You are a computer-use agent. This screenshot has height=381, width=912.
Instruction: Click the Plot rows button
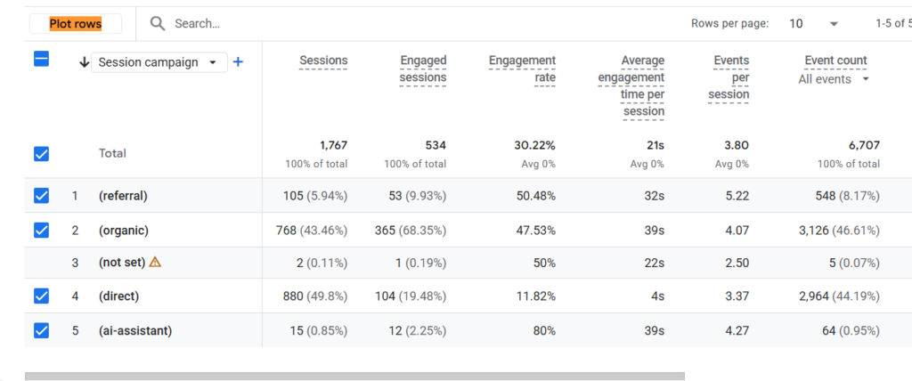coord(76,24)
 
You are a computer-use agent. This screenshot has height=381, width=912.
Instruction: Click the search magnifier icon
coord(158,24)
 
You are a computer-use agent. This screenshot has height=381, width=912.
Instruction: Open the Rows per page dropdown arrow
coord(834,24)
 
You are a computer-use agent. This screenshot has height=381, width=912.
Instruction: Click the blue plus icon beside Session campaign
coord(237,61)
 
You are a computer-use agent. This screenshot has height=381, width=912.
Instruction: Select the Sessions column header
coord(323,61)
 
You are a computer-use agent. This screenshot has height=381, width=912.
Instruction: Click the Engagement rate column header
coord(522,69)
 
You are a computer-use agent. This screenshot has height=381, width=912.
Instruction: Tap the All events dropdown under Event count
coord(834,79)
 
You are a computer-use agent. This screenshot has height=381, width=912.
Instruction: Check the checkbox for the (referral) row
coord(41,196)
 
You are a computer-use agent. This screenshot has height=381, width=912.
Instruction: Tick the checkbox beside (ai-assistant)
coord(41,330)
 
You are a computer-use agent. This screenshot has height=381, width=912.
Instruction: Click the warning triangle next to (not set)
coord(155,262)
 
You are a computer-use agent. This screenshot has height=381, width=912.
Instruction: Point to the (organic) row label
coord(124,231)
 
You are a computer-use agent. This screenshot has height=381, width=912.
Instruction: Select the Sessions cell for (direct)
coord(314,296)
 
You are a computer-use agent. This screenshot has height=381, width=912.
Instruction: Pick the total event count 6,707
coord(864,145)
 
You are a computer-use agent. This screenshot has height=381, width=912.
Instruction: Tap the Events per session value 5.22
coord(736,196)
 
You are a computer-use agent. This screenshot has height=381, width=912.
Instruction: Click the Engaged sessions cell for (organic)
coord(411,231)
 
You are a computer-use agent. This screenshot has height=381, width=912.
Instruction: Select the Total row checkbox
coord(41,154)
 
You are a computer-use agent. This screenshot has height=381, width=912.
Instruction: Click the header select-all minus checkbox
coord(41,59)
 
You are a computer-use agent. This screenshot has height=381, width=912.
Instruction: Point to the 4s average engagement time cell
coord(658,296)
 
